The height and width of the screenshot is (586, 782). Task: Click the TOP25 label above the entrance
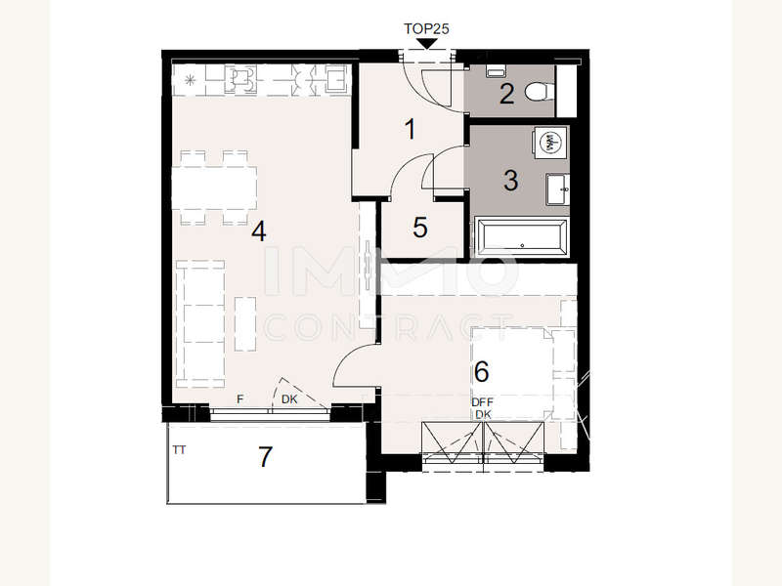pos(426,29)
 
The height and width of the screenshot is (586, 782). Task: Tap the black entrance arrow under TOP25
pos(426,44)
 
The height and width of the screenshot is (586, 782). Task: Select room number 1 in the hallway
pos(410,129)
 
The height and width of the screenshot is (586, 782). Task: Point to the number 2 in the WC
pos(506,94)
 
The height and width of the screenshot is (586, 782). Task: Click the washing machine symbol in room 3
pos(549,142)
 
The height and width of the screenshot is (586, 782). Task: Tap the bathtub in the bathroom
pos(522,236)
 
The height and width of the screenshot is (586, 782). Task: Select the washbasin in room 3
pos(557,189)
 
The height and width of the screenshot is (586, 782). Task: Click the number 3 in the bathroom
pos(510,181)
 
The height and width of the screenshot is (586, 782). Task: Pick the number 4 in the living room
pos(259,231)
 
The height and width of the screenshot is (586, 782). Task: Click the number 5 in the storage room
pos(420,228)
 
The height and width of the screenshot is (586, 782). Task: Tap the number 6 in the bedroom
pos(481,371)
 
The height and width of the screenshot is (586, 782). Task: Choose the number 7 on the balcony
pos(265,456)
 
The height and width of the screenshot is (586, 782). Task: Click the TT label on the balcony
pos(179,450)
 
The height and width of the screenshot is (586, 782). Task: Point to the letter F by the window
pos(239,399)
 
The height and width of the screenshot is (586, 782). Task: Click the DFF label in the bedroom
pos(482,402)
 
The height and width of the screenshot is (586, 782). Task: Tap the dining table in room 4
pos(214,188)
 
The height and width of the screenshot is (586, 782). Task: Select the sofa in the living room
pos(199,324)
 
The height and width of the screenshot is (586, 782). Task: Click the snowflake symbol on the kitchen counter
pos(190,79)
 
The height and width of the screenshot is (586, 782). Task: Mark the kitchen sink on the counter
pos(336,79)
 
